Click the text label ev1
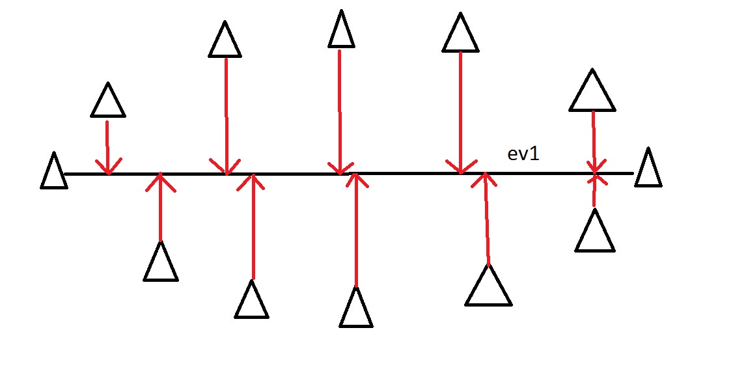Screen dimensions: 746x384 524,154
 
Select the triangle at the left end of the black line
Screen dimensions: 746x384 54,171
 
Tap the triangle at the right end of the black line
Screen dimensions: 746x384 648,167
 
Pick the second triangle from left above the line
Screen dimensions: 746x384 225,39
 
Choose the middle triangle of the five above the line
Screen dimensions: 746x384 341,29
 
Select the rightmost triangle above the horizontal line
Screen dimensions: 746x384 592,90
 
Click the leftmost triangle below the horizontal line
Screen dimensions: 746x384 161,261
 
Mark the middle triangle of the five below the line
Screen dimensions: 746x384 356,307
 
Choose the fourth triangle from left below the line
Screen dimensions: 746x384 489,285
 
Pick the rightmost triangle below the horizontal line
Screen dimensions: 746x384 595,230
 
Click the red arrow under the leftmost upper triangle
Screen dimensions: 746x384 108,148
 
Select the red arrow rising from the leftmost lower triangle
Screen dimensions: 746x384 161,207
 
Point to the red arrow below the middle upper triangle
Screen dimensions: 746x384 340,113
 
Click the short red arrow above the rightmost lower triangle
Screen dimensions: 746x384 595,190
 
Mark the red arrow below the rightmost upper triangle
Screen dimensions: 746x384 594,142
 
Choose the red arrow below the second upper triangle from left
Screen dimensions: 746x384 226,117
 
